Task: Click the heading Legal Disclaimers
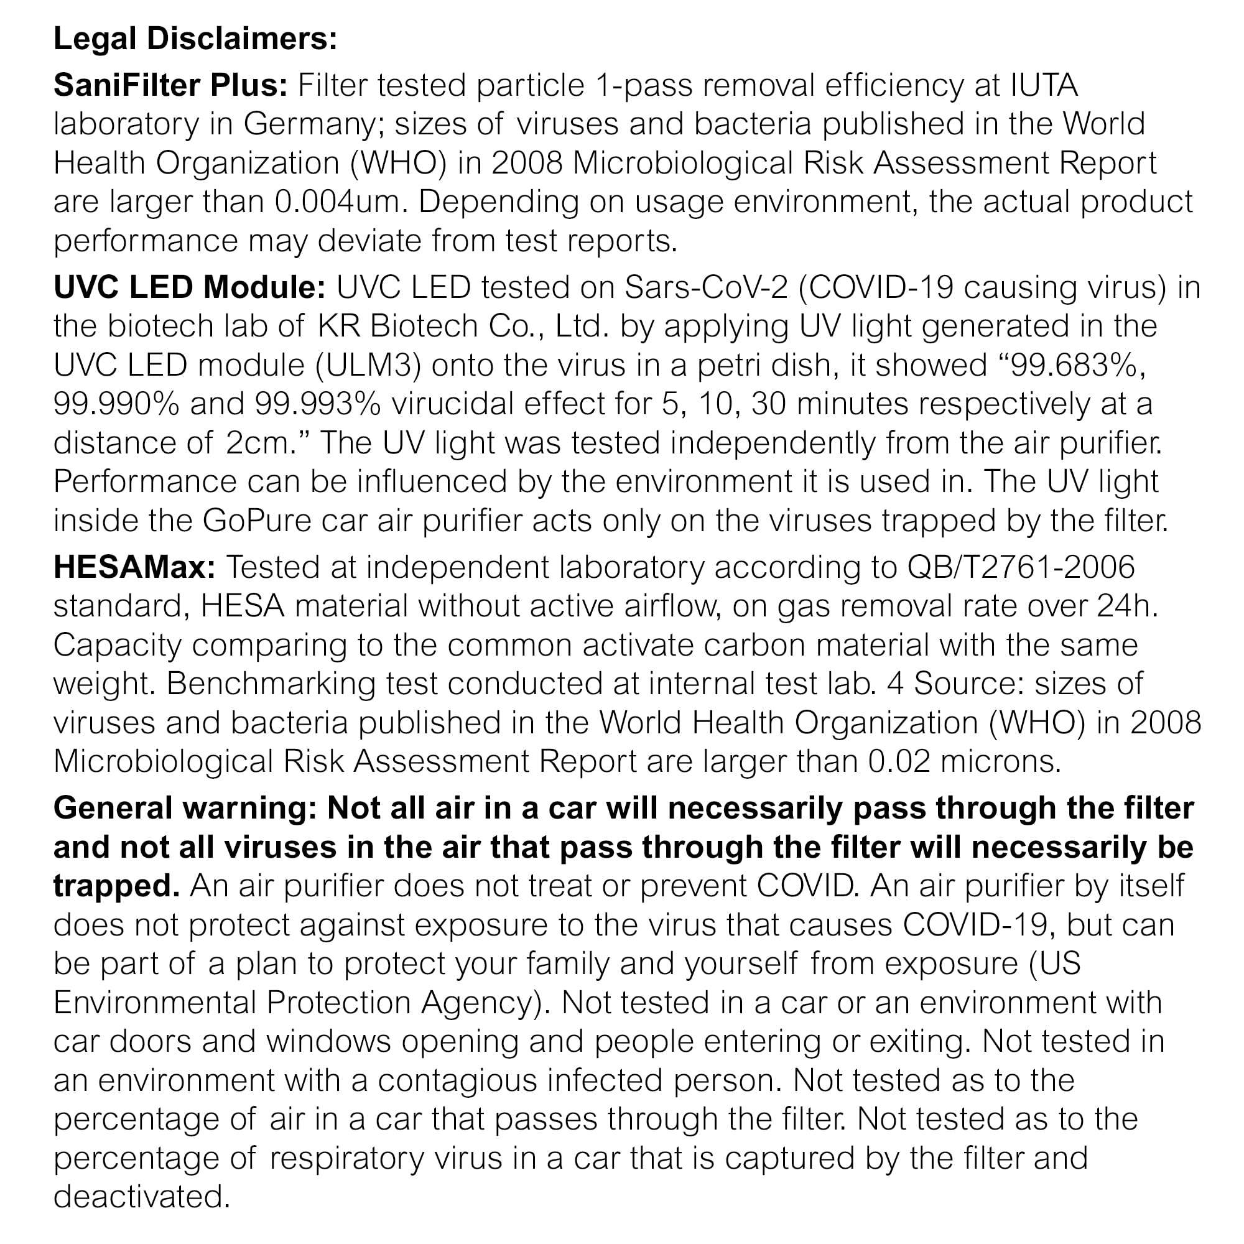[195, 39]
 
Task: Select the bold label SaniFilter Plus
[170, 85]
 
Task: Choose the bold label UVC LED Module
[189, 287]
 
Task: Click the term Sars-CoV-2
[706, 287]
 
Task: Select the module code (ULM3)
[368, 365]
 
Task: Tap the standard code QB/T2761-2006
[1021, 567]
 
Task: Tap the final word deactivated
[142, 1196]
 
